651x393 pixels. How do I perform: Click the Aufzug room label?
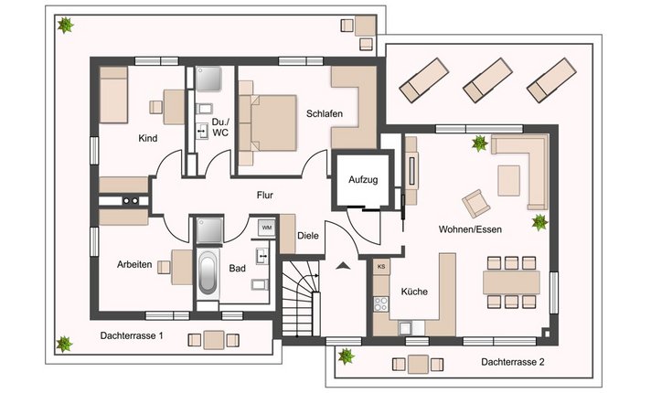pyautogui.click(x=363, y=180)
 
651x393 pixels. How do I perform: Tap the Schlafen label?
pyautogui.click(x=325, y=113)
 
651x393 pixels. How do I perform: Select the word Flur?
pyautogui.click(x=265, y=195)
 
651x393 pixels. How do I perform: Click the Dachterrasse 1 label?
pyautogui.click(x=132, y=335)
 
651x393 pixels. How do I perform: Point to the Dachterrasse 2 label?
pyautogui.click(x=513, y=362)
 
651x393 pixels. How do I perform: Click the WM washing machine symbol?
pyautogui.click(x=267, y=228)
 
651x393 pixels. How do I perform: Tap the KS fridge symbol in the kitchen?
pyautogui.click(x=381, y=267)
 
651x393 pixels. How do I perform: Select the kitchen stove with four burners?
pyautogui.click(x=380, y=303)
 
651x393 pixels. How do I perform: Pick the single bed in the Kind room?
pyautogui.click(x=113, y=95)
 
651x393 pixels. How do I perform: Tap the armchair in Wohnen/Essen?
pyautogui.click(x=475, y=203)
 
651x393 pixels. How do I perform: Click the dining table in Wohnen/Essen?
pyautogui.click(x=511, y=282)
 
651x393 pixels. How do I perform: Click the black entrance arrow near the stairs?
pyautogui.click(x=343, y=266)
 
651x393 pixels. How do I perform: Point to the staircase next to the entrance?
pyautogui.click(x=301, y=298)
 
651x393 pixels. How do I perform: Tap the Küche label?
pyautogui.click(x=414, y=292)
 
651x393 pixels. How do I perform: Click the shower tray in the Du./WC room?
pyautogui.click(x=208, y=79)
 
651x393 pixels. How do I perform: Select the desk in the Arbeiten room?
pyautogui.click(x=181, y=267)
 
